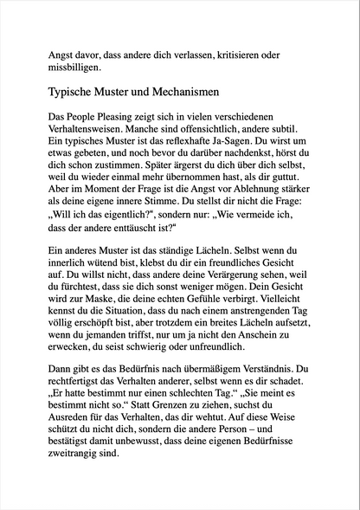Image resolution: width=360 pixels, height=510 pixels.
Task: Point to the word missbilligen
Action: (74, 65)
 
